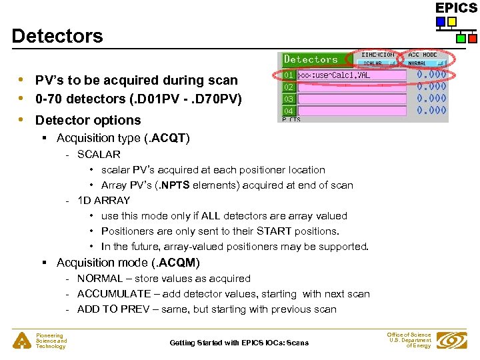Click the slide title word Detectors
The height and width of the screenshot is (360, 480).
[x=57, y=36]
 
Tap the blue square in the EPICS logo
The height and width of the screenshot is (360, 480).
[x=441, y=22]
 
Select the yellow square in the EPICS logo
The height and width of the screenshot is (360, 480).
[x=452, y=22]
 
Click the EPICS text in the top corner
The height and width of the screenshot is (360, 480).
[x=456, y=8]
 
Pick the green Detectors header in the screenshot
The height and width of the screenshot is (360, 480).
[x=311, y=60]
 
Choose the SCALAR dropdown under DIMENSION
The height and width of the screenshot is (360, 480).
[x=377, y=63]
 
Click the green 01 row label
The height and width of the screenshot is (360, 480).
[x=289, y=75]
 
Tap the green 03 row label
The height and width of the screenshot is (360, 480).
[x=289, y=99]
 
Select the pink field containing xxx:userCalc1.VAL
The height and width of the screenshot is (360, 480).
[x=351, y=75]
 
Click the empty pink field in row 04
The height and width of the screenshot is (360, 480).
[x=351, y=111]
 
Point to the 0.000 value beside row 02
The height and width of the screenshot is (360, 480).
[x=431, y=87]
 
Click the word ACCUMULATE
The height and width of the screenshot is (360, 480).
[x=113, y=294]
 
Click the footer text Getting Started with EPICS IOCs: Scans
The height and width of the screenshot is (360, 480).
[x=239, y=343]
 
